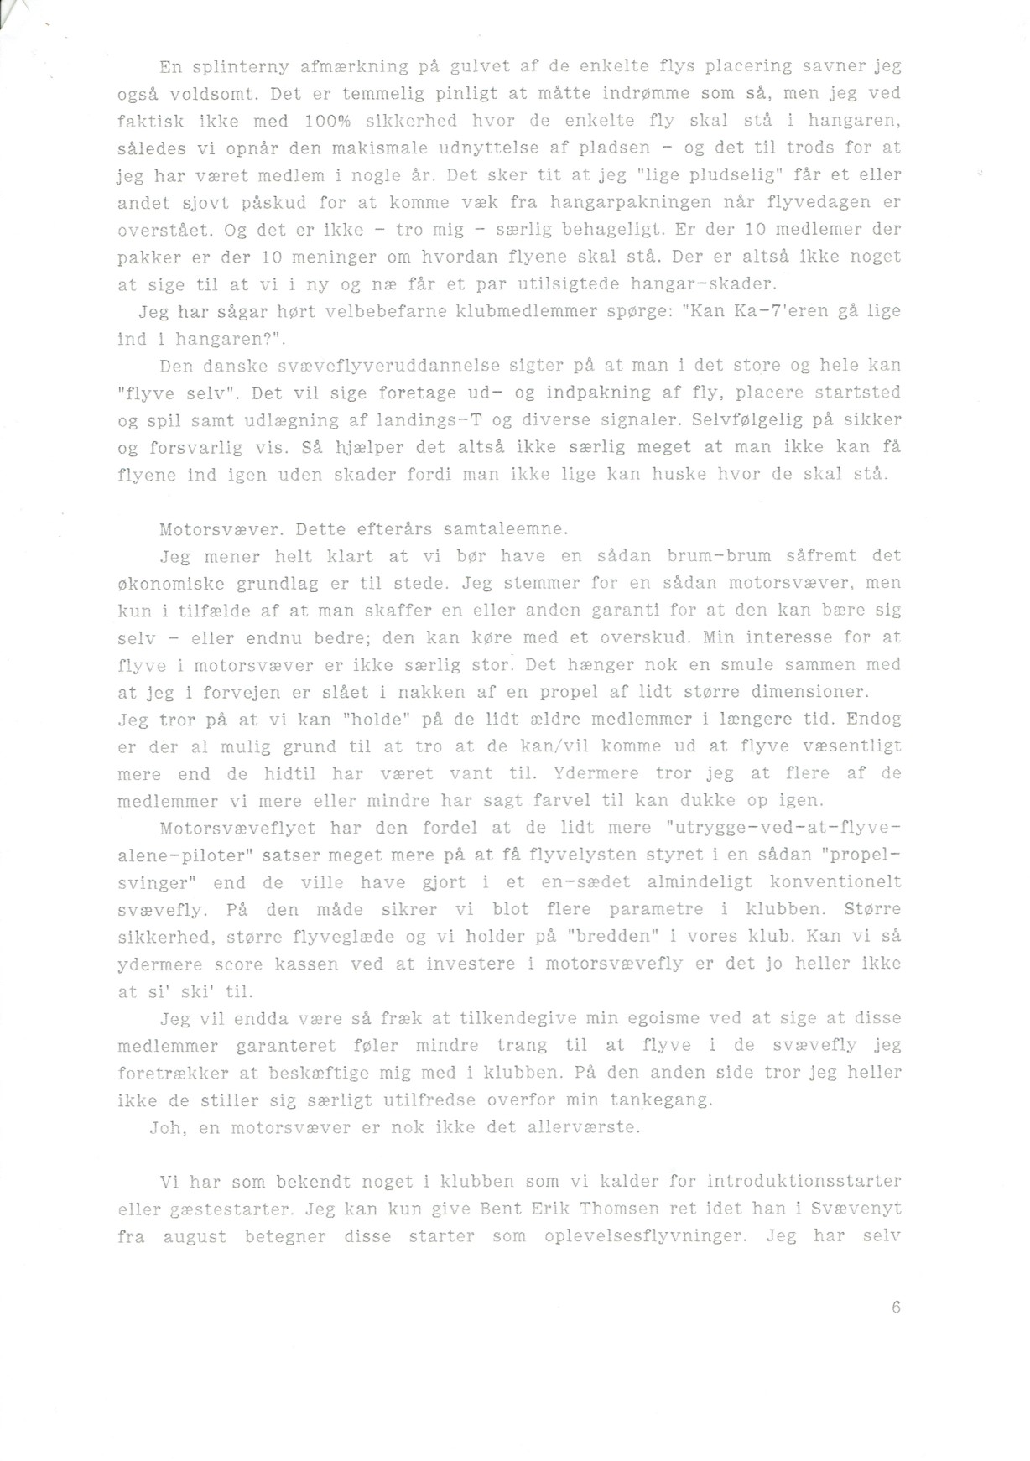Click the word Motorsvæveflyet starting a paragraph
237,828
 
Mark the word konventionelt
835,881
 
